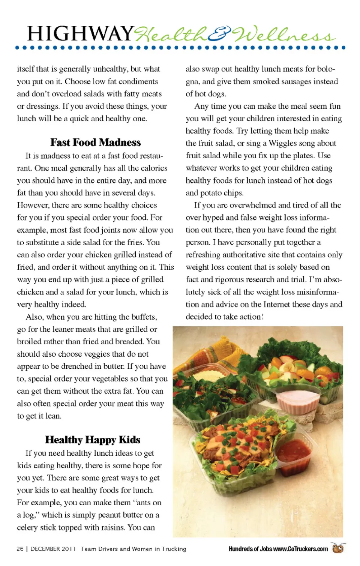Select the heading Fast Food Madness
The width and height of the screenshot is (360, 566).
[x=96, y=143]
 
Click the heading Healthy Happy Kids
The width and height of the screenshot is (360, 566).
[x=93, y=440]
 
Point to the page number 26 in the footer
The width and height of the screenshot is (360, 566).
[x=20, y=549]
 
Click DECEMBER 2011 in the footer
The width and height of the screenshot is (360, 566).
[x=53, y=549]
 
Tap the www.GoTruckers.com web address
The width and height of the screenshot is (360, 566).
[x=300, y=549]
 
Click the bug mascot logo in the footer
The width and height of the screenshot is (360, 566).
[x=338, y=548]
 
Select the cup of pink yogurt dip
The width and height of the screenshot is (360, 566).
[x=298, y=400]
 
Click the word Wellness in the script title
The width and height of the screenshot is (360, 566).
[x=283, y=35]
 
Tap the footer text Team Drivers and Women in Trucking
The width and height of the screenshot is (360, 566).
[x=133, y=549]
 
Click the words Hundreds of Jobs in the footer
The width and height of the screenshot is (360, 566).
[x=250, y=549]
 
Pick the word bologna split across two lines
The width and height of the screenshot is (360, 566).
[x=325, y=69]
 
